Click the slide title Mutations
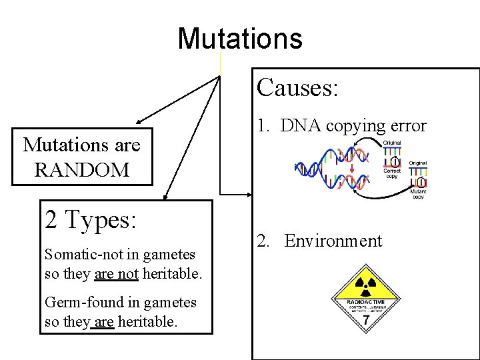point(240,38)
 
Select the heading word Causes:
point(297,87)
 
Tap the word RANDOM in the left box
point(81,170)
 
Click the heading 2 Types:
point(90,219)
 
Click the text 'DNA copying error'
point(353,125)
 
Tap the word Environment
point(333,241)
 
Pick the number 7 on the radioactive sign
point(365,321)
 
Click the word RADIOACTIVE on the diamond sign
point(365,302)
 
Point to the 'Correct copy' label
point(392,173)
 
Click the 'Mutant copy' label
point(418,194)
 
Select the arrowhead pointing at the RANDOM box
point(137,123)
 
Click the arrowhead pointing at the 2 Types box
point(166,197)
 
